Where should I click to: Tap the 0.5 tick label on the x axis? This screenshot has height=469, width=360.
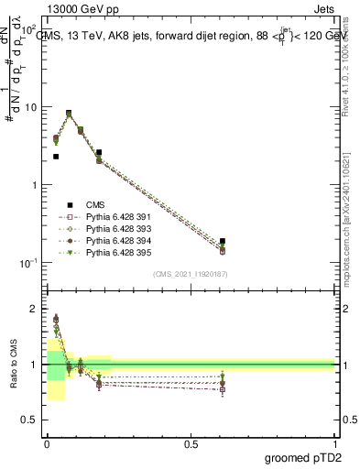(191, 442)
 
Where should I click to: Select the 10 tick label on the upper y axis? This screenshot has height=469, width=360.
(31, 107)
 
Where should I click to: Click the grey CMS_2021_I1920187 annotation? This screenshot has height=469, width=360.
(190, 274)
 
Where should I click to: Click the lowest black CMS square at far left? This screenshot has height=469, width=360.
(56, 157)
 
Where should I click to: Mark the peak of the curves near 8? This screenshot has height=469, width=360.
(69, 114)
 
